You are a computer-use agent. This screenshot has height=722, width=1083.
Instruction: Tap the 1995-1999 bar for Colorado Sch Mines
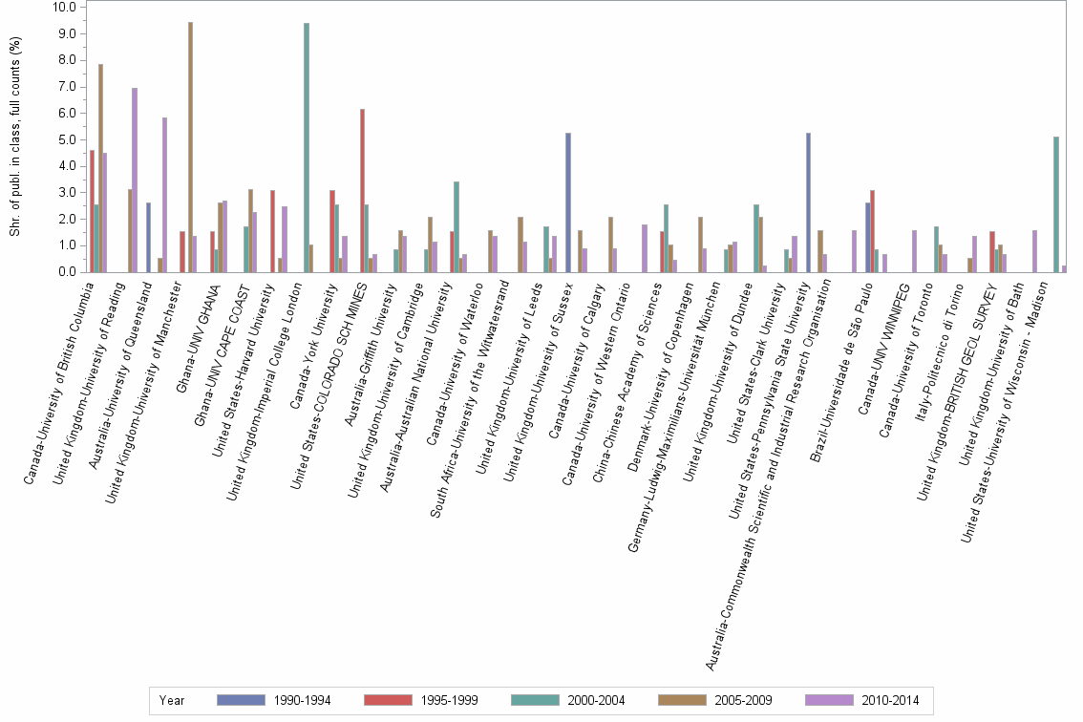(x=363, y=191)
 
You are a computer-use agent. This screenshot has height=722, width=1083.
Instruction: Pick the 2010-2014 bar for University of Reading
(x=135, y=180)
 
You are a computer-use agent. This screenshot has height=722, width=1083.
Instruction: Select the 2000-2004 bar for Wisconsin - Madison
(x=1055, y=204)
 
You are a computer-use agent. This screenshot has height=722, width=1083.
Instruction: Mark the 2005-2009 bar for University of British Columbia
(x=101, y=168)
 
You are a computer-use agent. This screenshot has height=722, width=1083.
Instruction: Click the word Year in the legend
(x=172, y=700)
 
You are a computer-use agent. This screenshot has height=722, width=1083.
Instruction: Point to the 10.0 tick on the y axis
(x=64, y=7)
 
